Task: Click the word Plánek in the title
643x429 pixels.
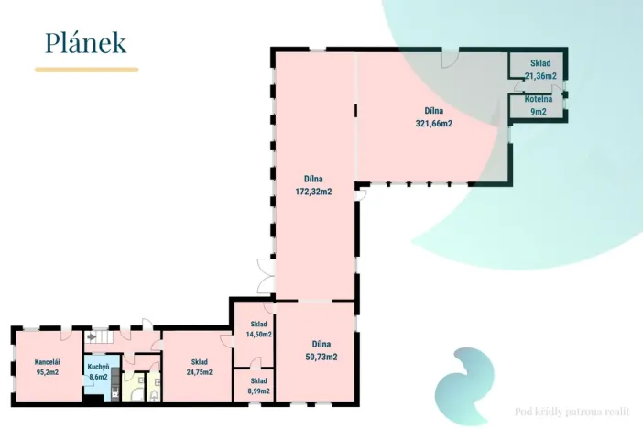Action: pos(85,43)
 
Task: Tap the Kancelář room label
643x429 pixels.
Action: pos(48,362)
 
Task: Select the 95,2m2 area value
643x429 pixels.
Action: pos(48,372)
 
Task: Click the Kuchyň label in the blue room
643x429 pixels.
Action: pos(98,367)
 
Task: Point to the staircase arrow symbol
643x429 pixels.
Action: pos(92,337)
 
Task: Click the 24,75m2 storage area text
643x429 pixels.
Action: pos(200,372)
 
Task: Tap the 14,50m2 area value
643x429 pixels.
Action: pos(259,335)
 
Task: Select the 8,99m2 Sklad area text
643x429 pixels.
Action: pos(259,391)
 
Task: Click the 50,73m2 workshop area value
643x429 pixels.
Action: pos(321,357)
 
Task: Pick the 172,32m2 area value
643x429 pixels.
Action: pos(313,192)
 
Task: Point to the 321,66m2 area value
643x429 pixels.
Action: pos(434,124)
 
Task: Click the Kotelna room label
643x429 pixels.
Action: pos(539,99)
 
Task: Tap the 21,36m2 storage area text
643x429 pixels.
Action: pos(540,76)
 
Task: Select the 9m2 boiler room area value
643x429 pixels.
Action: pos(539,112)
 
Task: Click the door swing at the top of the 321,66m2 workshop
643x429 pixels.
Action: pos(450,60)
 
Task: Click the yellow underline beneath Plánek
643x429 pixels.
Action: pos(86,70)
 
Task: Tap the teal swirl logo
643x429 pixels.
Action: pos(464,385)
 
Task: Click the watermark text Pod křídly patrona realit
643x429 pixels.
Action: pos(572,412)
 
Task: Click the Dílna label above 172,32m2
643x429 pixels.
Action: pos(313,179)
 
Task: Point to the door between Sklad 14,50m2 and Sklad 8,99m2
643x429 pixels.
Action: pos(255,363)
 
